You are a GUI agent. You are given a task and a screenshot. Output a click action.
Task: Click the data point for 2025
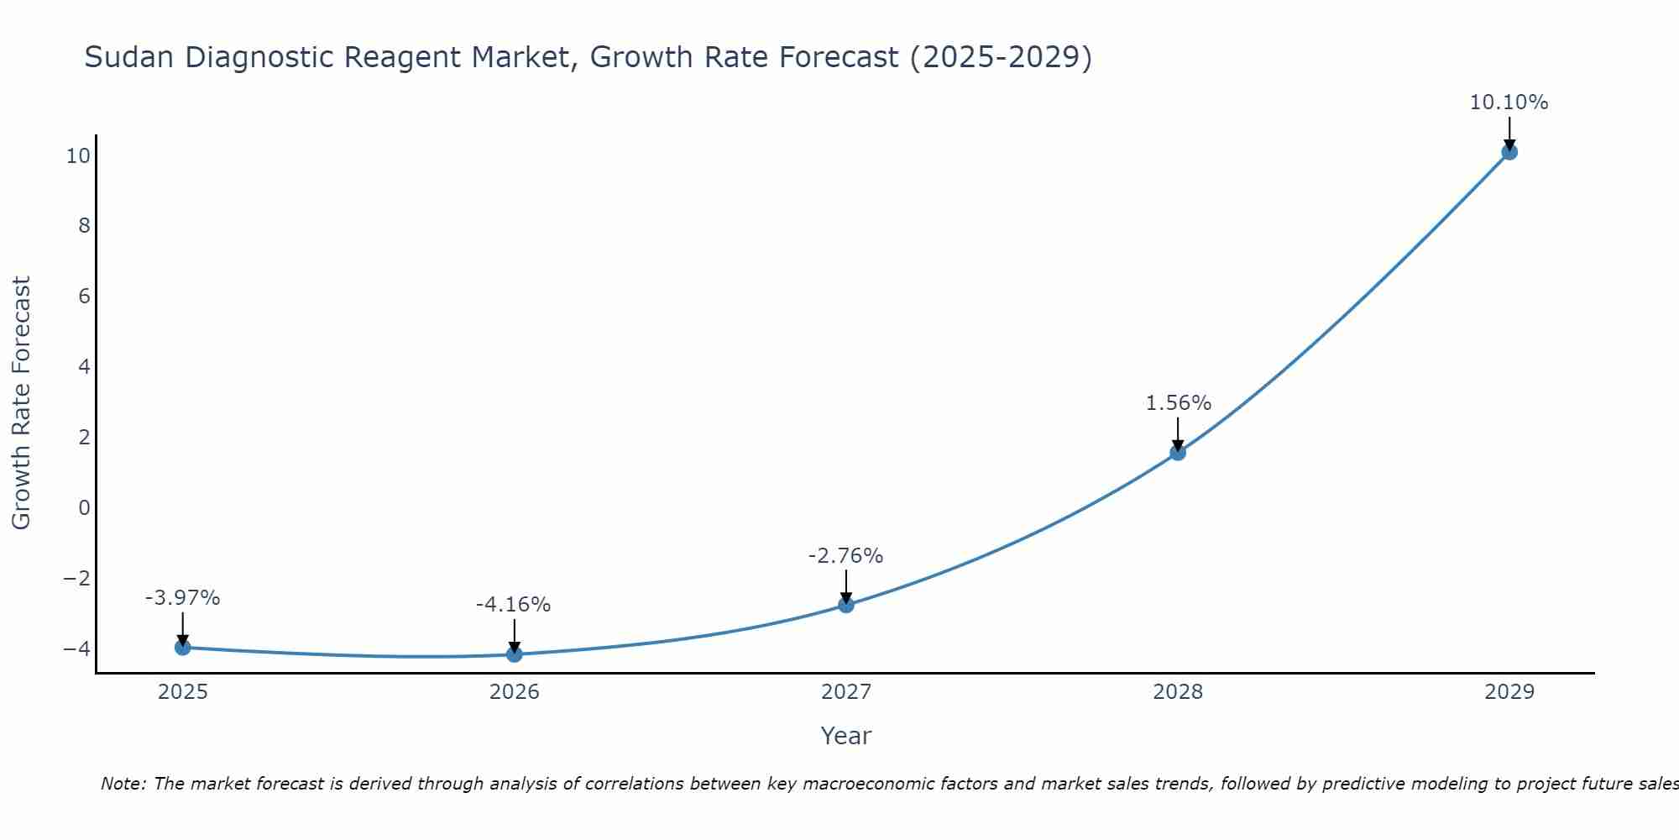[x=182, y=647]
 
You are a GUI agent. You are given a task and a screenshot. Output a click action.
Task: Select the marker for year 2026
[x=514, y=654]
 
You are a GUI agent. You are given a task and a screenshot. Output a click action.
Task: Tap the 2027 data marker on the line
[x=845, y=605]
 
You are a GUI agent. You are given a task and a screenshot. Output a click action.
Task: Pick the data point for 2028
[x=1178, y=452]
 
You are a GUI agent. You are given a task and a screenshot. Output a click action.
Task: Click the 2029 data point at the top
[x=1509, y=152]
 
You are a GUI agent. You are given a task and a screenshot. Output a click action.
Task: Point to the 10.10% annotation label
[x=1509, y=102]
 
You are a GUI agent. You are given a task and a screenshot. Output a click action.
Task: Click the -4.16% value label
[x=513, y=605]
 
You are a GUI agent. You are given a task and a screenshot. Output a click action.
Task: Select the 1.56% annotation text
[x=1178, y=403]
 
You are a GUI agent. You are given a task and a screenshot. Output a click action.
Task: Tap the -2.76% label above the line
[x=845, y=556]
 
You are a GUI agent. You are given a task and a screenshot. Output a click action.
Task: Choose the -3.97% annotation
[x=182, y=598]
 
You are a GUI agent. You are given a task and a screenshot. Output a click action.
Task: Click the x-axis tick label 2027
[x=845, y=692]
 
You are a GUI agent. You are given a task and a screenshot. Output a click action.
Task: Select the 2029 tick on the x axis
[x=1509, y=692]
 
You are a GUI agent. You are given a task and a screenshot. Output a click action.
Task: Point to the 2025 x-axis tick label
[x=182, y=692]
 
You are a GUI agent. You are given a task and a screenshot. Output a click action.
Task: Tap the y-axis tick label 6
[x=84, y=296]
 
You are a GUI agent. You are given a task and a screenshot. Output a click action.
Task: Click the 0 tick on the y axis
[x=84, y=507]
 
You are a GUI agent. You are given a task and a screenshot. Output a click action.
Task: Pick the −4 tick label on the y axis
[x=77, y=648]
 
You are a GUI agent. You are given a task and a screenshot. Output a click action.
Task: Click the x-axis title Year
[x=845, y=736]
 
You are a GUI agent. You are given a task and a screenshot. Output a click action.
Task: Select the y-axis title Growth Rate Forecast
[x=21, y=403]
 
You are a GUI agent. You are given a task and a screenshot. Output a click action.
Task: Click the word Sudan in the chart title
[x=129, y=57]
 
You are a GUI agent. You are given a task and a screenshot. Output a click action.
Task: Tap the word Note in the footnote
[x=123, y=784]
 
